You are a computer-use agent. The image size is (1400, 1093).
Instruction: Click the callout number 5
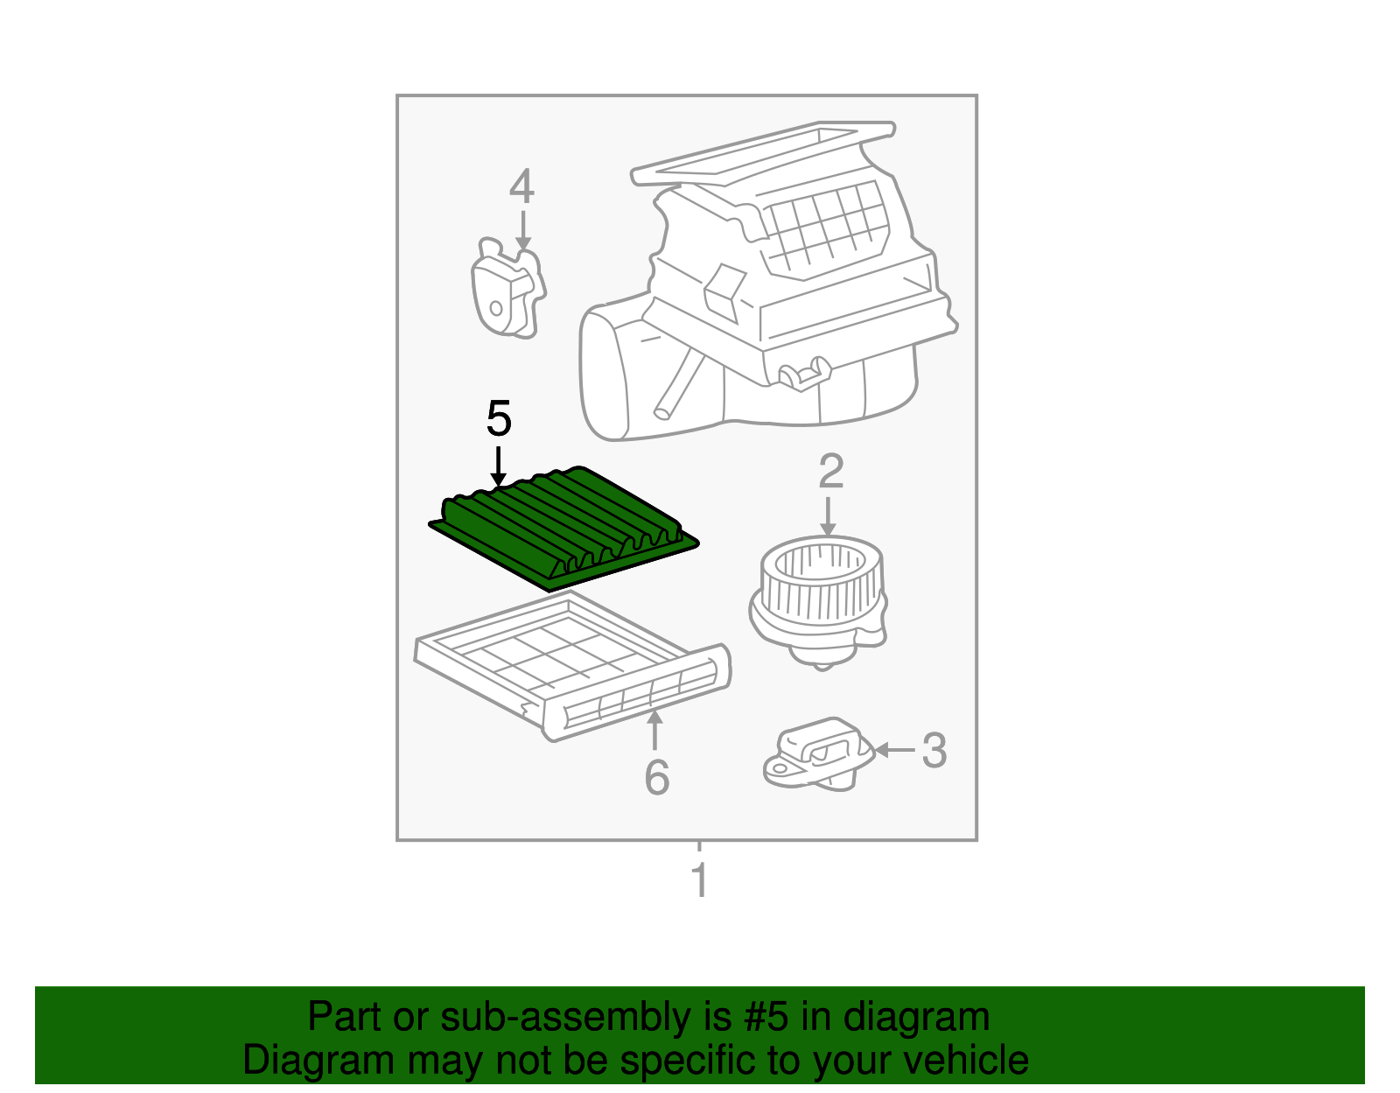click(499, 418)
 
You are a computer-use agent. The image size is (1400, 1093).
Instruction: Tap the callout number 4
click(521, 186)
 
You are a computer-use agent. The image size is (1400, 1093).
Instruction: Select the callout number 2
click(830, 472)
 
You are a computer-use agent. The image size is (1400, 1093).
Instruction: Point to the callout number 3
click(934, 750)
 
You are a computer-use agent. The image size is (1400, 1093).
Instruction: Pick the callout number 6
click(656, 777)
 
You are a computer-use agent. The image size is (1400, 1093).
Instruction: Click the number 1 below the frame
click(700, 879)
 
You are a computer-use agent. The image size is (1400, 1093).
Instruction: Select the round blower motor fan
click(818, 602)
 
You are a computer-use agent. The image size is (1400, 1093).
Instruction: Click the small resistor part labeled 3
click(818, 754)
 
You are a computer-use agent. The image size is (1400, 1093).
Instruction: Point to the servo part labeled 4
click(507, 287)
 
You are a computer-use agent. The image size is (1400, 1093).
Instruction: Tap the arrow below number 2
click(828, 516)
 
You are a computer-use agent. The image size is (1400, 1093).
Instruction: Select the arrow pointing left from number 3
click(894, 750)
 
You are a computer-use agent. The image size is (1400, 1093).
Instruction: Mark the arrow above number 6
click(654, 730)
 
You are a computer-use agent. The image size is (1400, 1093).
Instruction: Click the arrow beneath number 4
click(523, 230)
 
